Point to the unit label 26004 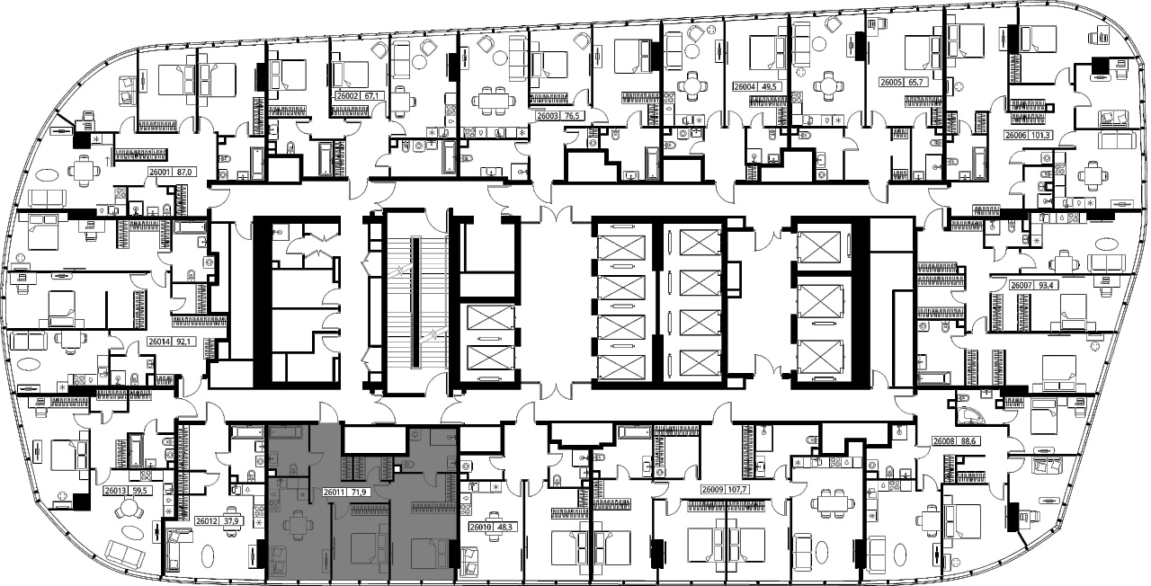[745, 87]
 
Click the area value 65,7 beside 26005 [917, 82]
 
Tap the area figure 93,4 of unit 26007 [1048, 285]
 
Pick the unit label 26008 [943, 441]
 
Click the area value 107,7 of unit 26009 [737, 490]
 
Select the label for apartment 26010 [480, 527]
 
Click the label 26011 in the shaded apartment [334, 493]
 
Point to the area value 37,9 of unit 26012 [234, 521]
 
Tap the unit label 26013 [115, 491]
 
